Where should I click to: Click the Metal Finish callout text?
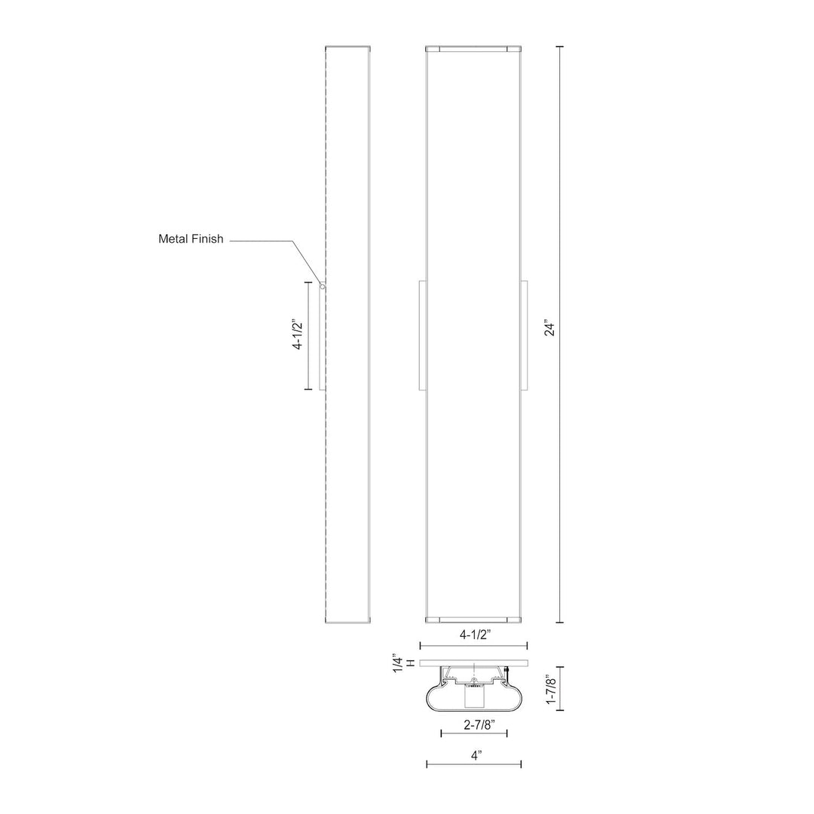click(191, 239)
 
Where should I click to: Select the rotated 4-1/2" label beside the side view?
click(298, 336)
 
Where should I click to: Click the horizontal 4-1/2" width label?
click(475, 635)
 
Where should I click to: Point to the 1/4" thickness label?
click(397, 663)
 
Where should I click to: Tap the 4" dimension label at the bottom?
click(474, 753)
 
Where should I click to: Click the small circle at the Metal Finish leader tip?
click(323, 286)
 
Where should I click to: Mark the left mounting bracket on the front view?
click(423, 336)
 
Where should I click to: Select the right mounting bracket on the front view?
click(524, 336)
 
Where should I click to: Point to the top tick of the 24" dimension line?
click(560, 47)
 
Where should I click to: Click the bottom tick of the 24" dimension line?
click(560, 623)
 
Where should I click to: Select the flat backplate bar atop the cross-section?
click(473, 663)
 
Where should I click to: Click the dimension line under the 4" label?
click(474, 764)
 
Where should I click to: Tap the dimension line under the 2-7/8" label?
click(473, 733)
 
